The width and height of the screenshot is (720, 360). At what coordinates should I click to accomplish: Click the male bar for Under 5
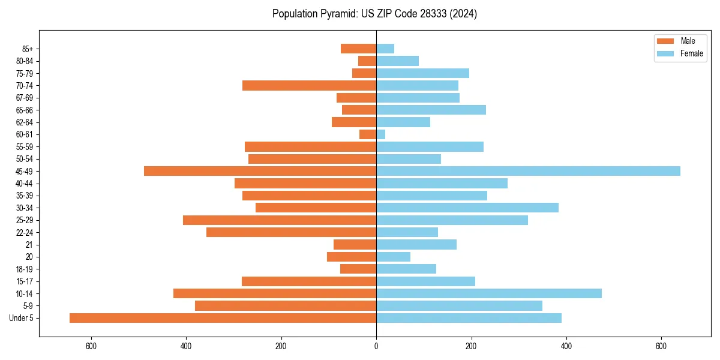[223, 318]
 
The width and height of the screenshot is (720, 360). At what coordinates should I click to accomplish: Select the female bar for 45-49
[528, 171]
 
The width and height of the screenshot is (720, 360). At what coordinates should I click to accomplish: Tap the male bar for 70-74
[309, 86]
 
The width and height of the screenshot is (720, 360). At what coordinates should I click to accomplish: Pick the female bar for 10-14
[489, 293]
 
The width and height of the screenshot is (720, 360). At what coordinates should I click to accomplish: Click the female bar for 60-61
[381, 134]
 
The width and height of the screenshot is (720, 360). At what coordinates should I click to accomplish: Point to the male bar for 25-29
[280, 220]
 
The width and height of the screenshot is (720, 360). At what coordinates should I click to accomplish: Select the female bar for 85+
[385, 49]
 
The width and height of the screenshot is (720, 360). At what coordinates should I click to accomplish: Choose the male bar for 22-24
[291, 232]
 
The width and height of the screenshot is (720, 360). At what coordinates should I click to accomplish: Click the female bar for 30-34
[467, 208]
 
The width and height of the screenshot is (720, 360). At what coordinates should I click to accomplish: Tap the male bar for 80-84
[367, 61]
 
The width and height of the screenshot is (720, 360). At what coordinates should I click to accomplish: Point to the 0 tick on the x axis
[376, 346]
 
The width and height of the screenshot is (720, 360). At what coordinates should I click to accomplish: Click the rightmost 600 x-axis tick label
[661, 346]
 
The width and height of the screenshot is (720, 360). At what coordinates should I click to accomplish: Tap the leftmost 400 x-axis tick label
[186, 346]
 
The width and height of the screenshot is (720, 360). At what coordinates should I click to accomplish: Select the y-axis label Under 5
[22, 318]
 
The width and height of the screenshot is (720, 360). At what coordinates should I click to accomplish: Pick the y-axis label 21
[29, 245]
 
